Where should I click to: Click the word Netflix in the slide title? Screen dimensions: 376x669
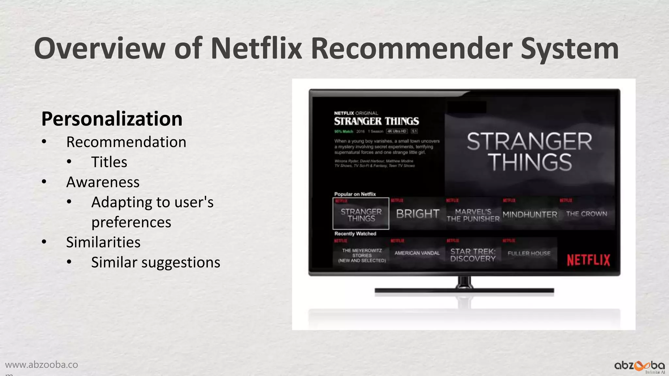[x=256, y=48]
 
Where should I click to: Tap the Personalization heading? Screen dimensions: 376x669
[x=112, y=118]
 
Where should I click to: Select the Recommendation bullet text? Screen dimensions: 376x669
[x=126, y=142]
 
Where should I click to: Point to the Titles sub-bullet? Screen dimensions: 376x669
[x=109, y=162]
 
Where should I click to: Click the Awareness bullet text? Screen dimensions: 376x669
[x=103, y=182]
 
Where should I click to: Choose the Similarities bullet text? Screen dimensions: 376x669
[x=103, y=242]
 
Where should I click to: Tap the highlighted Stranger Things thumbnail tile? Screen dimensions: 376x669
[x=361, y=214]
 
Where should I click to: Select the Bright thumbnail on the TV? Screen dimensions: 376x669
[x=417, y=214]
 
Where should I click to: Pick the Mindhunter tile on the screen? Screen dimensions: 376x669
[x=530, y=214]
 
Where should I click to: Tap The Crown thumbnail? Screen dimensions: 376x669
[x=586, y=214]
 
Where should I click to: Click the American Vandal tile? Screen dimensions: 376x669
[x=417, y=253]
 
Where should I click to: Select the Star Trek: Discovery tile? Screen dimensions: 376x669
[x=473, y=255]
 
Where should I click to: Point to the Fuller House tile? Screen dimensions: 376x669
[x=529, y=253]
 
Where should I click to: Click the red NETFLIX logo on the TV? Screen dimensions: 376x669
[x=588, y=260]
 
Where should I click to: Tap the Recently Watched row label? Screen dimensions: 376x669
[x=355, y=234]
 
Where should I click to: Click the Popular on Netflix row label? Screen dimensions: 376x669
[x=355, y=194]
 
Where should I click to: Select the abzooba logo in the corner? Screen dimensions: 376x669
[x=639, y=366]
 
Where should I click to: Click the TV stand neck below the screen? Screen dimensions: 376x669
[x=464, y=282]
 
